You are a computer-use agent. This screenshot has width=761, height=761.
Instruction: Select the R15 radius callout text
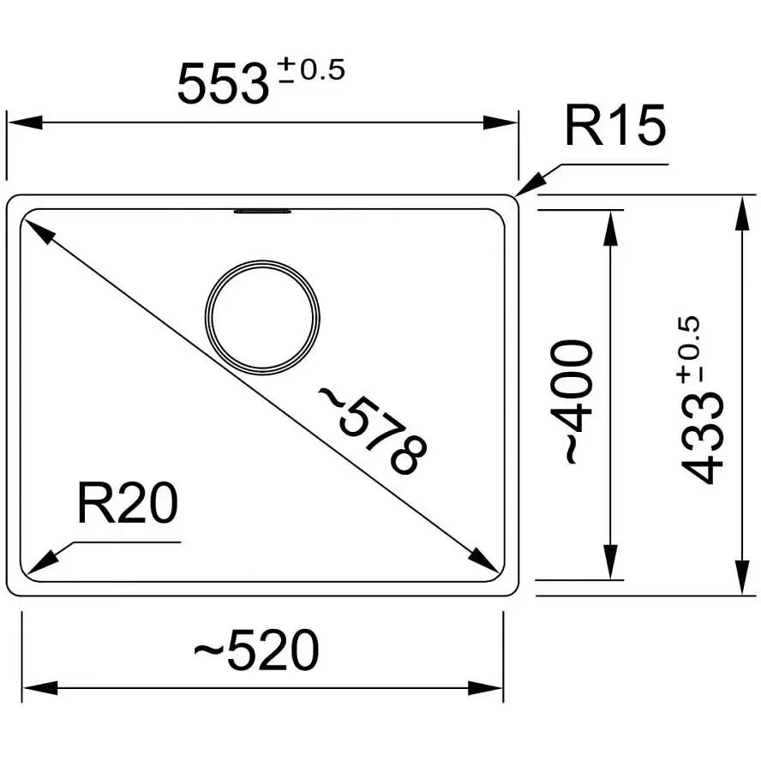[615, 125]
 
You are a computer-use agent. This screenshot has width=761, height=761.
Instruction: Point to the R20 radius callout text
[128, 503]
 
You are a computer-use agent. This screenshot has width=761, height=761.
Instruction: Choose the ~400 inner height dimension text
[572, 402]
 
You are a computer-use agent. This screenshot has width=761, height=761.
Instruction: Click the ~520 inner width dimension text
[256, 650]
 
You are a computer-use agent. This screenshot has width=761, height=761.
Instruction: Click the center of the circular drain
[262, 317]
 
